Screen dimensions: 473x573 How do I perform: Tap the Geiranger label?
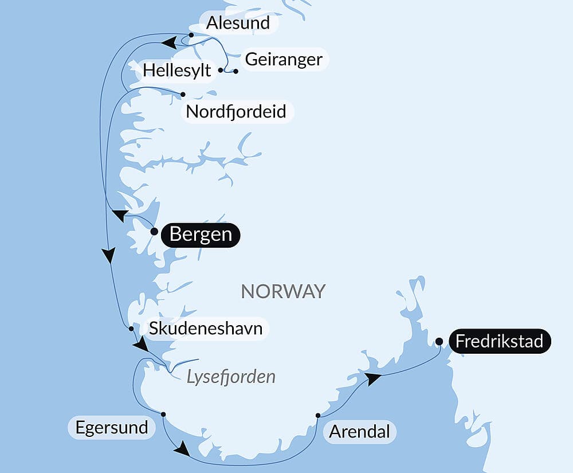tap(284, 59)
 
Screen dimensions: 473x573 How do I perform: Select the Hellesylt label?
tap(176, 71)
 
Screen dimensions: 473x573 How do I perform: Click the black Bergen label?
tap(201, 234)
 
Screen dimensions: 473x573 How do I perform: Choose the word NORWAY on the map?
tap(283, 291)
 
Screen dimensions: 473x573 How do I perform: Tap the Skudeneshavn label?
tap(206, 329)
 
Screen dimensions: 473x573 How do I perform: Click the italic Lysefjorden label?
tap(231, 377)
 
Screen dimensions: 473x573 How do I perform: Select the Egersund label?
tap(111, 427)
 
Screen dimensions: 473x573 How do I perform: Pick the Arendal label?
tap(359, 431)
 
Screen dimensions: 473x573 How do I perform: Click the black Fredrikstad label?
tap(499, 342)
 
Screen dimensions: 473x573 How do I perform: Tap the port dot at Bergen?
tap(154, 232)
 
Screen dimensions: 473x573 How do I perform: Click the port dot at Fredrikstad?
tap(438, 342)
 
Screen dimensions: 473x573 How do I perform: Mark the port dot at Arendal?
tap(318, 415)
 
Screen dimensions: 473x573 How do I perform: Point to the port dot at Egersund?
tap(163, 414)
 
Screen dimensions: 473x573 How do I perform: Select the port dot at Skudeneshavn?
tap(132, 329)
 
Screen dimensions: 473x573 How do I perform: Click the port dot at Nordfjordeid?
tap(183, 94)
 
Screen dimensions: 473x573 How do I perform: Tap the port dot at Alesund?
tap(191, 35)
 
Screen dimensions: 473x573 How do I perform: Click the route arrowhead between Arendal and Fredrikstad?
tap(373, 378)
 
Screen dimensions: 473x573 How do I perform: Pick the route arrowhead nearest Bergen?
tap(120, 216)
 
